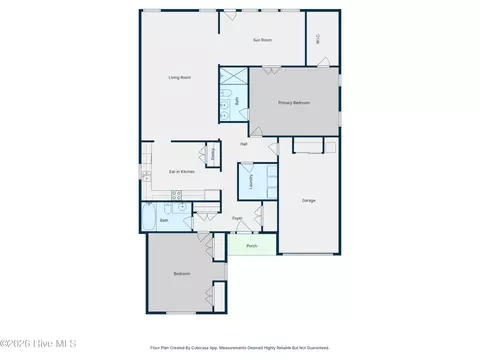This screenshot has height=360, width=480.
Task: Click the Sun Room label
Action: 263,39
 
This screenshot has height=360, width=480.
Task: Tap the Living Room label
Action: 179,77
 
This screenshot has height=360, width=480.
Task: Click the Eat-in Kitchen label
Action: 180,172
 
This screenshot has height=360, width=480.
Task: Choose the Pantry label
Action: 213,154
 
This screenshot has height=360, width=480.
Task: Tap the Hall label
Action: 244,144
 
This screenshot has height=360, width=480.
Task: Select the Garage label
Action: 309,200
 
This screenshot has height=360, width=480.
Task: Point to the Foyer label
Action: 237,218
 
